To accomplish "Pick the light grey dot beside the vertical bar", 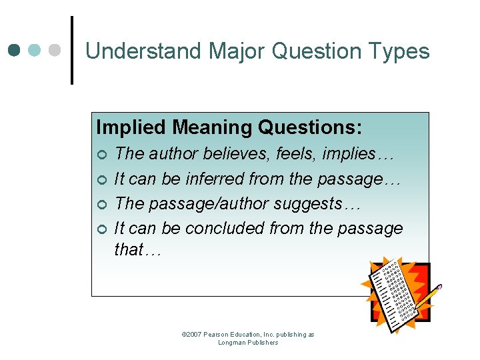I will pyautogui.click(x=56, y=50).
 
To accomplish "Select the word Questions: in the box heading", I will pyautogui.click(x=310, y=127).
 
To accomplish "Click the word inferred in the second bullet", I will pyautogui.click(x=215, y=179).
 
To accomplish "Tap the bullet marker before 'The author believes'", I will pyautogui.click(x=101, y=155).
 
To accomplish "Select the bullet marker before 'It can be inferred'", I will pyautogui.click(x=101, y=179).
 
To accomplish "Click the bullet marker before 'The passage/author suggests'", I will pyautogui.click(x=101, y=204).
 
